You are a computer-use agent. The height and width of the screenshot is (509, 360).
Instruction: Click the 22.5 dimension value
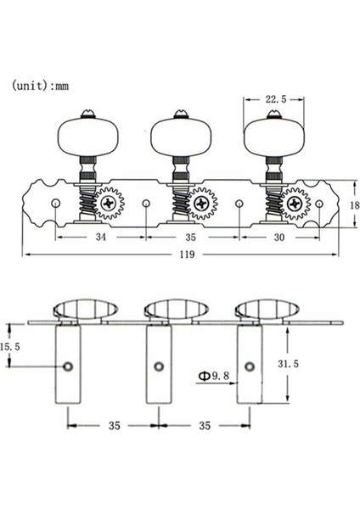(273, 99)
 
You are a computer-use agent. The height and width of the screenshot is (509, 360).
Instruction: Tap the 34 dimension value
(101, 238)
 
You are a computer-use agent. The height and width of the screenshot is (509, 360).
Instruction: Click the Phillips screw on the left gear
(110, 204)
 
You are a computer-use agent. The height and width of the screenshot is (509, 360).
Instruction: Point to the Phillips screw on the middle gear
(203, 204)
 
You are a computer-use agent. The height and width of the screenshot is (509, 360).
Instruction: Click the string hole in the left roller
(66, 366)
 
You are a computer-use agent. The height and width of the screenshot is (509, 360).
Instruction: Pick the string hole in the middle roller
(158, 366)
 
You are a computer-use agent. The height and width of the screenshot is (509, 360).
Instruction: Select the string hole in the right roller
(250, 366)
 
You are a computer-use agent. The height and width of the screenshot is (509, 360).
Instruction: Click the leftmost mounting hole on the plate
(55, 204)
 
